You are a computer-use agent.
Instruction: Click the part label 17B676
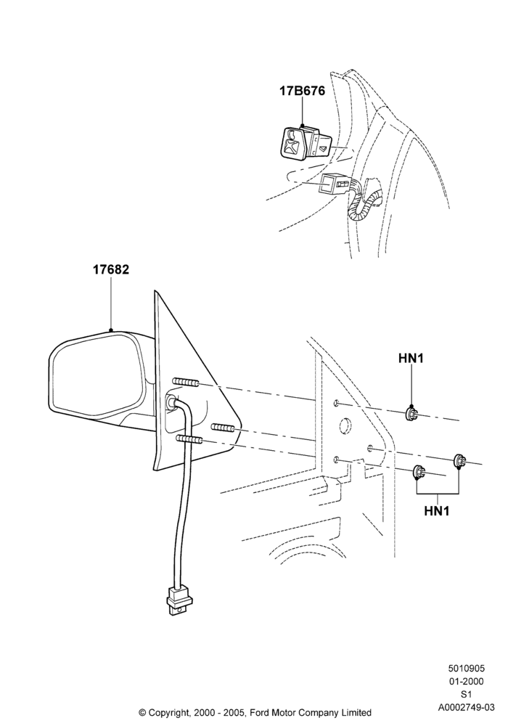pyautogui.click(x=302, y=91)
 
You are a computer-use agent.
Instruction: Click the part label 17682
pyautogui.click(x=111, y=269)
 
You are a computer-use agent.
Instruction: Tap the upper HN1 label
pyautogui.click(x=411, y=358)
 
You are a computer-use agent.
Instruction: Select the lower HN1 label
pyautogui.click(x=437, y=510)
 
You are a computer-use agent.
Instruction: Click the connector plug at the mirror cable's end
pyautogui.click(x=176, y=601)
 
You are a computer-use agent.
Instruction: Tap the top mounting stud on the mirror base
pyautogui.click(x=186, y=382)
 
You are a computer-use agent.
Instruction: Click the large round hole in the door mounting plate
pyautogui.click(x=345, y=426)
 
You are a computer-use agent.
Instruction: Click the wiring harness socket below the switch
pyautogui.click(x=334, y=184)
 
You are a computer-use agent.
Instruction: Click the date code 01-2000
pyautogui.click(x=466, y=681)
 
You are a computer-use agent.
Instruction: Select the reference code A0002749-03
pyautogui.click(x=466, y=707)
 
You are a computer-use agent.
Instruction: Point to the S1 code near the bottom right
pyautogui.click(x=466, y=694)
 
